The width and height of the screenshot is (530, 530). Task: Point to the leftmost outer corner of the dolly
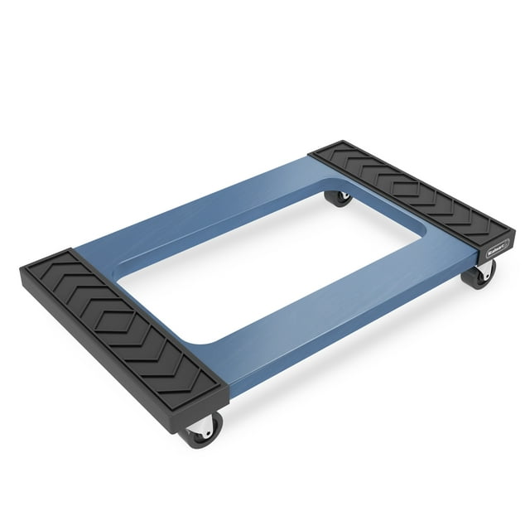(22, 270)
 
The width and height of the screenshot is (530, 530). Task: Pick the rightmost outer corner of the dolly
(514, 223)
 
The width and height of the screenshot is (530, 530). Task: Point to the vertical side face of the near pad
(124, 360)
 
